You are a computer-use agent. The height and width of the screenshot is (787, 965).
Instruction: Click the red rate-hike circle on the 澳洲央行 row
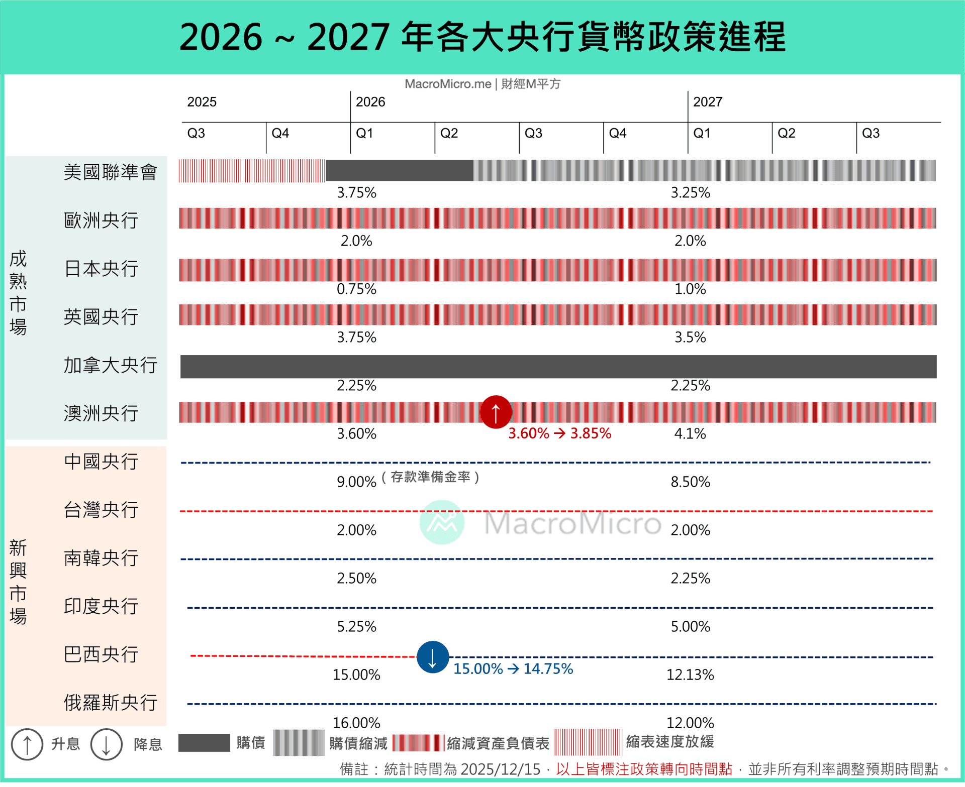496,412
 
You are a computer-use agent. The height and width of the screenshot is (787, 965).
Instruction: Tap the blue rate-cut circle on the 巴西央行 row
432,657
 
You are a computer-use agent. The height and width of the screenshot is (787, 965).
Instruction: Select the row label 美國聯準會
111,172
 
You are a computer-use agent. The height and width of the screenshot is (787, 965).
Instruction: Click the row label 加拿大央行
111,365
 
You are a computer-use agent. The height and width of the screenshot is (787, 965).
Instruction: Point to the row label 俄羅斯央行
111,702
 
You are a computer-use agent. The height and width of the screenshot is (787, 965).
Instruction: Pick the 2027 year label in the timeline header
708,102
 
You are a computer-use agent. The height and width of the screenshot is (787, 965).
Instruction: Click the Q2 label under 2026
449,133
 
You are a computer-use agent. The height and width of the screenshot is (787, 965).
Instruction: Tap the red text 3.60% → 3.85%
559,433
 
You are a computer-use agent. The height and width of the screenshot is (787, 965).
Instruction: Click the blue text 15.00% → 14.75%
513,668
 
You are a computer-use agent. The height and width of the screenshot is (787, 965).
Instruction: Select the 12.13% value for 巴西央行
690,674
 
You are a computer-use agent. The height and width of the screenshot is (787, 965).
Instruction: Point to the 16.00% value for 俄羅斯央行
356,723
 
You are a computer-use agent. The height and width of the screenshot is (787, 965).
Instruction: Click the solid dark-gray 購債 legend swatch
204,743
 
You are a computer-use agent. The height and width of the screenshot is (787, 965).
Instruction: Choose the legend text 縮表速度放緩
670,742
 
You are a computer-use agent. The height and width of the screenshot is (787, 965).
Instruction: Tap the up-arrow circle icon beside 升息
27,744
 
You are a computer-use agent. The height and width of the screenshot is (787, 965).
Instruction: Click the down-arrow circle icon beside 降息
106,744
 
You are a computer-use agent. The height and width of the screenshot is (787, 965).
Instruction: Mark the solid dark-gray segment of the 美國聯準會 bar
399,171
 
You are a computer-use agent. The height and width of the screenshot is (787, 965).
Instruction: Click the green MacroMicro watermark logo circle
442,522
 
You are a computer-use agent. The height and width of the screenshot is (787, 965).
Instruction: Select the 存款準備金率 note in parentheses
430,477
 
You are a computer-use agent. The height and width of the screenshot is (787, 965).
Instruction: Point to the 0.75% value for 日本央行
356,289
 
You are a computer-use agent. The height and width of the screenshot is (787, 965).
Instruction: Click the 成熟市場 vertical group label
18,293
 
